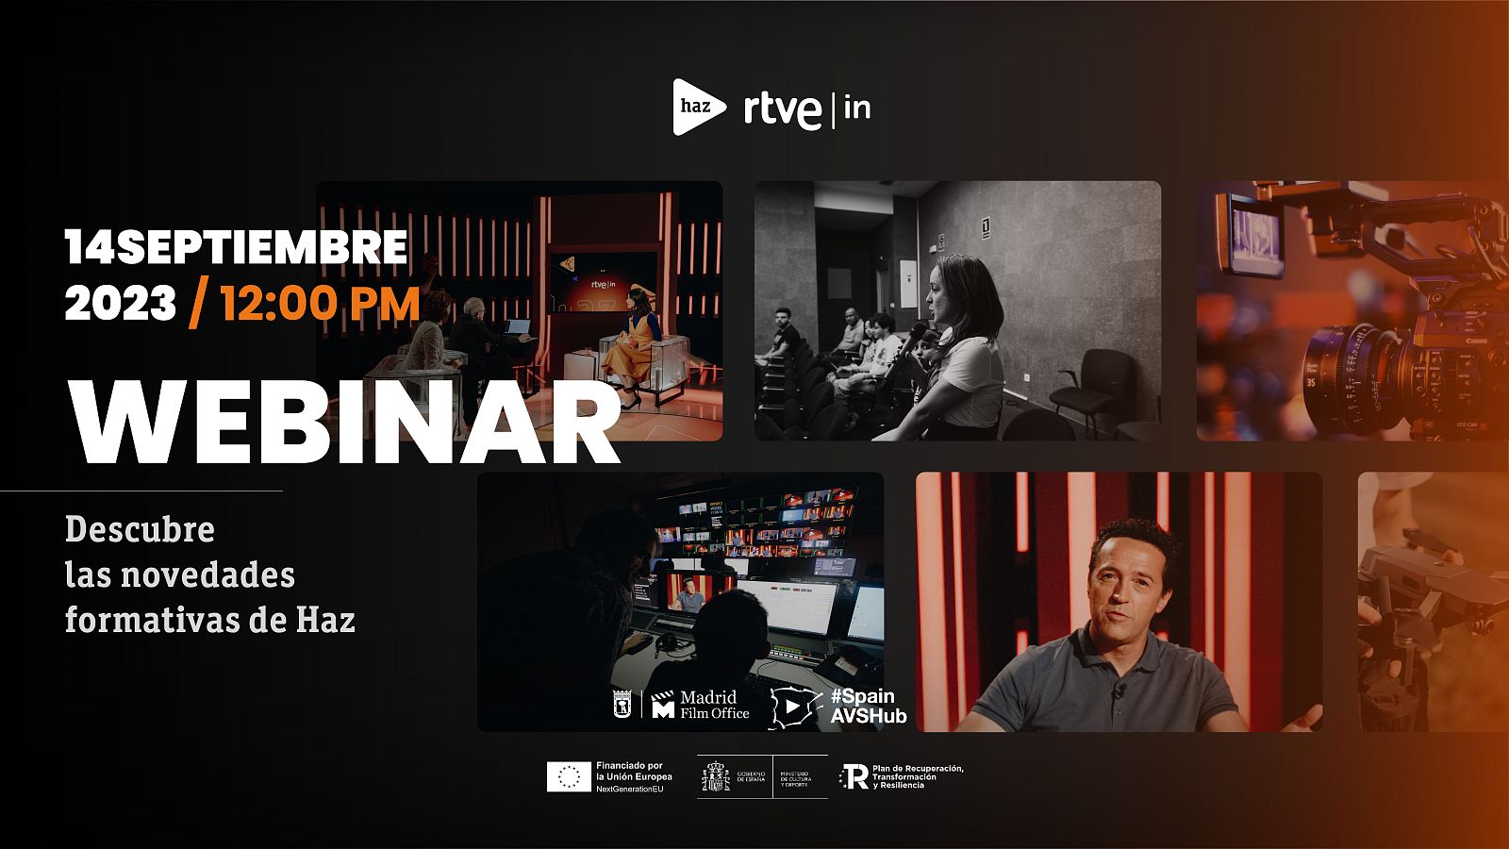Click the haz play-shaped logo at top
698,107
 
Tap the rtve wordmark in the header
782,110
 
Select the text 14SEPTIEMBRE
237,247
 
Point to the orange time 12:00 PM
321,305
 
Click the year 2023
121,305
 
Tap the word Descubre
140,529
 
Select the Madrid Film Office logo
701,705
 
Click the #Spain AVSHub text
868,706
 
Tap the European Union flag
569,776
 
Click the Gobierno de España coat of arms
715,777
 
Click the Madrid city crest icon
622,705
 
